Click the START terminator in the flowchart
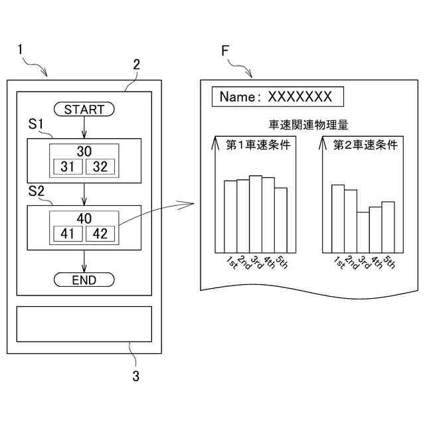[x=84, y=110]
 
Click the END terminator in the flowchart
[x=84, y=280]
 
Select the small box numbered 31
[x=67, y=167]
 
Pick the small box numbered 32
[x=101, y=167]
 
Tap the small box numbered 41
[x=67, y=233]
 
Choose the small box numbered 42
[x=101, y=233]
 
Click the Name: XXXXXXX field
[x=277, y=97]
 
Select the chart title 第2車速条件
[x=365, y=144]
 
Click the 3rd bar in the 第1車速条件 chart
[x=256, y=214]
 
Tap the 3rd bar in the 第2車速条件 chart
[x=363, y=232]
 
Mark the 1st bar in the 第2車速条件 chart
[x=338, y=218]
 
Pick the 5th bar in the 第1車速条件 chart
[x=281, y=220]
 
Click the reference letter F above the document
[x=226, y=51]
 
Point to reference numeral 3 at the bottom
[x=135, y=377]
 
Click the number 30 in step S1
[x=84, y=151]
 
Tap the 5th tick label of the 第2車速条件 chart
[x=389, y=262]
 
